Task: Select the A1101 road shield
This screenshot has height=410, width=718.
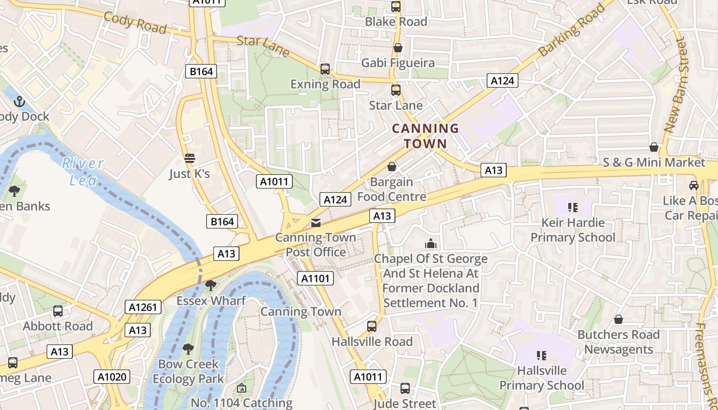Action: (315, 279)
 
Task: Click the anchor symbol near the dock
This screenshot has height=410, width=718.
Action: (19, 101)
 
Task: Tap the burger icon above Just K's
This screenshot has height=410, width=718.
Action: (190, 158)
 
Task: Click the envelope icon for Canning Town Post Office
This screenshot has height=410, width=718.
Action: (316, 223)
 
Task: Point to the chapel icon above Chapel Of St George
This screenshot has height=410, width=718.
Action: (431, 243)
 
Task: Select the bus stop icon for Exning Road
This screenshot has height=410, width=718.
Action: (325, 69)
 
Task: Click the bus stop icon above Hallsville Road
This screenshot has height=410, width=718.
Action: (372, 326)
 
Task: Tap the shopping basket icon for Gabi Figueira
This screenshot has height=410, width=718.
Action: (397, 48)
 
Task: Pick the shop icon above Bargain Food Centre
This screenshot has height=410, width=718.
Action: (392, 167)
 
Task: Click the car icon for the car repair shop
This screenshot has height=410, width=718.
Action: (694, 186)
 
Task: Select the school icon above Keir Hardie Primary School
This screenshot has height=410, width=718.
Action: (573, 208)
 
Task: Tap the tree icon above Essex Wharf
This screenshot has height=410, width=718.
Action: (210, 285)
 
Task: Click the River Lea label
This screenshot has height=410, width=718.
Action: (82, 171)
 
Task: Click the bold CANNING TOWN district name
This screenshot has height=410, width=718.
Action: (425, 136)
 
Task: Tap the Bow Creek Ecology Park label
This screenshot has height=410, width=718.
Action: (188, 372)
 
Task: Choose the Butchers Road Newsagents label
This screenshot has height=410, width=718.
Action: (619, 342)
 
